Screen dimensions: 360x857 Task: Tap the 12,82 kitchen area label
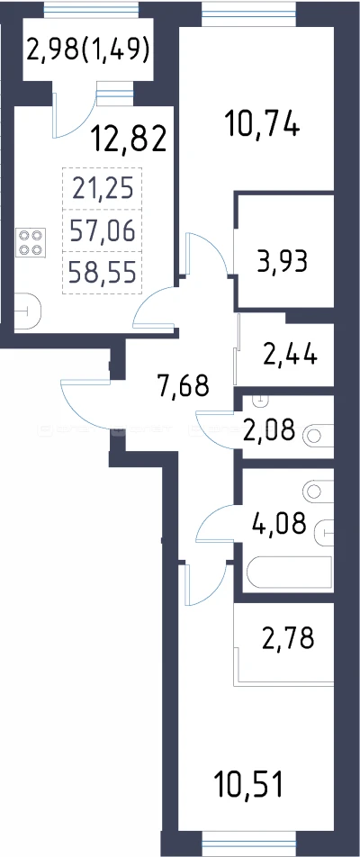coord(129,139)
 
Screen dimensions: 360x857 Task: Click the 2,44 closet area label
coord(290,355)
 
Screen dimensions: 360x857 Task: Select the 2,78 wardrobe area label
coord(288,638)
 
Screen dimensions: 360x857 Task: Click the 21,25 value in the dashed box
coord(103,189)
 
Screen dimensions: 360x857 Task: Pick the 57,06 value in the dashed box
coord(103,230)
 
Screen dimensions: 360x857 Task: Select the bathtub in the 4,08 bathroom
coord(290,573)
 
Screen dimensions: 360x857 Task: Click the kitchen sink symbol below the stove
coord(27,312)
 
